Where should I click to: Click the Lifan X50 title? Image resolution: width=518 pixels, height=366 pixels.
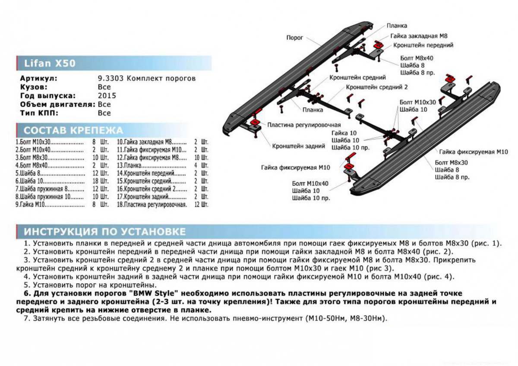point(46,64)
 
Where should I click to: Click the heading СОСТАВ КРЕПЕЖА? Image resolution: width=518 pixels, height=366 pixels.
point(73,130)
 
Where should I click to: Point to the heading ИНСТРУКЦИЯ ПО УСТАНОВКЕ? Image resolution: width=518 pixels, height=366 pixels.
point(104,231)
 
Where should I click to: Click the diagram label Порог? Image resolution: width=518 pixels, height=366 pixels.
point(295,38)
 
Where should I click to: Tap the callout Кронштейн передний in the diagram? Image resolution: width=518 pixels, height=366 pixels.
point(423,45)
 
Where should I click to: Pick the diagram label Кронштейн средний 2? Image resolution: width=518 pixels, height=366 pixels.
point(376,87)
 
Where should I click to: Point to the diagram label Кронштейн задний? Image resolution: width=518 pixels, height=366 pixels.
point(298,146)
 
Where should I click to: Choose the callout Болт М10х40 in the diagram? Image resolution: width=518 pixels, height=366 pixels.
point(310,183)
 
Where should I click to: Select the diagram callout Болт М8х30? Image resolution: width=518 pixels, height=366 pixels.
point(452,162)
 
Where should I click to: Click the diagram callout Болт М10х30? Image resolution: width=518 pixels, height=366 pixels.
point(418,102)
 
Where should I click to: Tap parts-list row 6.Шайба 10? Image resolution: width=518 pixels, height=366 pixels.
point(30,181)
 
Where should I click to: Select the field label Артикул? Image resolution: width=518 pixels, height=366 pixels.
point(38,79)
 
